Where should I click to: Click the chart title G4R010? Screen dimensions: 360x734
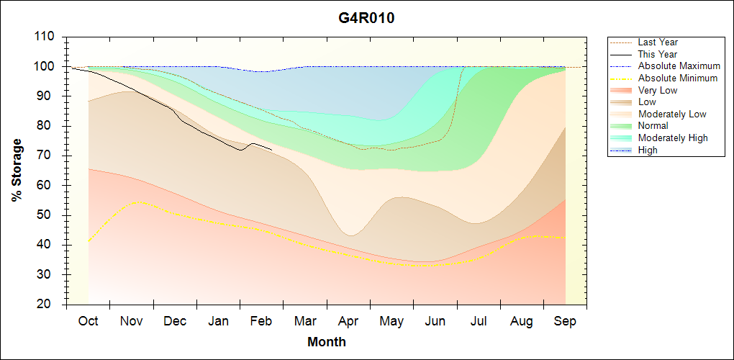pos(366,18)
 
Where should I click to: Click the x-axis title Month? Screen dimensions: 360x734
pos(327,342)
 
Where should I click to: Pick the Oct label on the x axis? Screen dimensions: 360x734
pos(88,321)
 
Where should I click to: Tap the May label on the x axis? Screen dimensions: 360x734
pos(391,321)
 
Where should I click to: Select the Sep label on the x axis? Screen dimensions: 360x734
pos(565,321)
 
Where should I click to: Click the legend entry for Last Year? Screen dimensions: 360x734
pos(658,42)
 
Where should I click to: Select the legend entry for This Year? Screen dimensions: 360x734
pos(658,54)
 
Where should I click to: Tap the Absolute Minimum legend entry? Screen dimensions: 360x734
pos(678,78)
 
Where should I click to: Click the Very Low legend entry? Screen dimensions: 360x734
pos(658,90)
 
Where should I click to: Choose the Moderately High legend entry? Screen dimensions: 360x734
pos(673,138)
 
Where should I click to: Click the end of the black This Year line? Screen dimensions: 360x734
pos(271,149)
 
